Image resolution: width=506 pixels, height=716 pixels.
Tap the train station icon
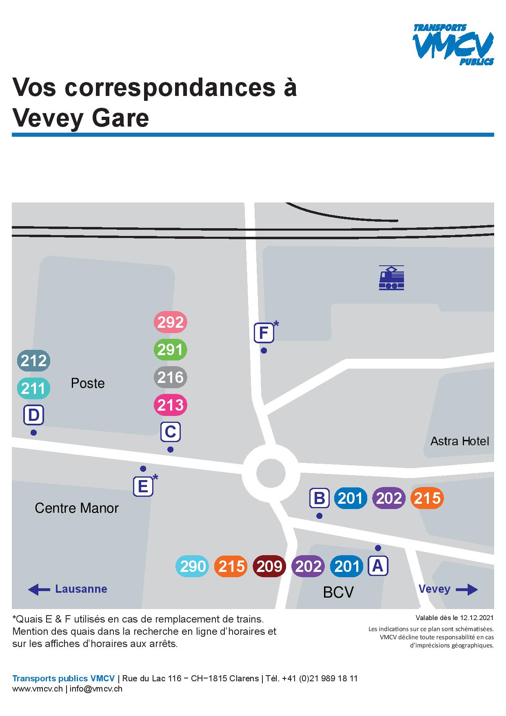tap(391, 278)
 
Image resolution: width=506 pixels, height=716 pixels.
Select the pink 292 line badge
tap(170, 322)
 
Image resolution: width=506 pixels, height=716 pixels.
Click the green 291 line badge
tap(170, 350)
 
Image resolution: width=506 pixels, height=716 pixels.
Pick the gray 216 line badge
tap(170, 377)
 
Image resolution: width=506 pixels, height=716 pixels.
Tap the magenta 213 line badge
tap(170, 405)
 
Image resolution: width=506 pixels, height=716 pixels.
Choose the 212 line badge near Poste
tap(33, 361)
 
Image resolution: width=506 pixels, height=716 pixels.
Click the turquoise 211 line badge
tap(33, 388)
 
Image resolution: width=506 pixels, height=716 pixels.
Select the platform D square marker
tap(33, 416)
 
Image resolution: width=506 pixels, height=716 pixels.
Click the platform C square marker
tap(170, 432)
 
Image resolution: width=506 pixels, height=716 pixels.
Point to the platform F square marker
tap(264, 333)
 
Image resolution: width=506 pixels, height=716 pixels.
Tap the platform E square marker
tap(143, 487)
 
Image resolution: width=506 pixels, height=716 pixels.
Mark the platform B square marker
tap(319, 498)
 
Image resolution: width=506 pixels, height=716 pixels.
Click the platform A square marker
tap(378, 566)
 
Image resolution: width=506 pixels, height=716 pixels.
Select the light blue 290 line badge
tap(192, 566)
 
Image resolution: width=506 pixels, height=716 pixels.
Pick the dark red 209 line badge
tap(269, 566)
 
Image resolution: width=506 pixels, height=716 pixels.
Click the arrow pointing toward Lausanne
tap(39, 589)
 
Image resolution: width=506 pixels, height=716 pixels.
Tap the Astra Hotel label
tap(459, 441)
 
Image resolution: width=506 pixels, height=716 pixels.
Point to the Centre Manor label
tap(77, 508)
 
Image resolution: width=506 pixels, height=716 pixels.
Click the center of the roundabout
tap(271, 474)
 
